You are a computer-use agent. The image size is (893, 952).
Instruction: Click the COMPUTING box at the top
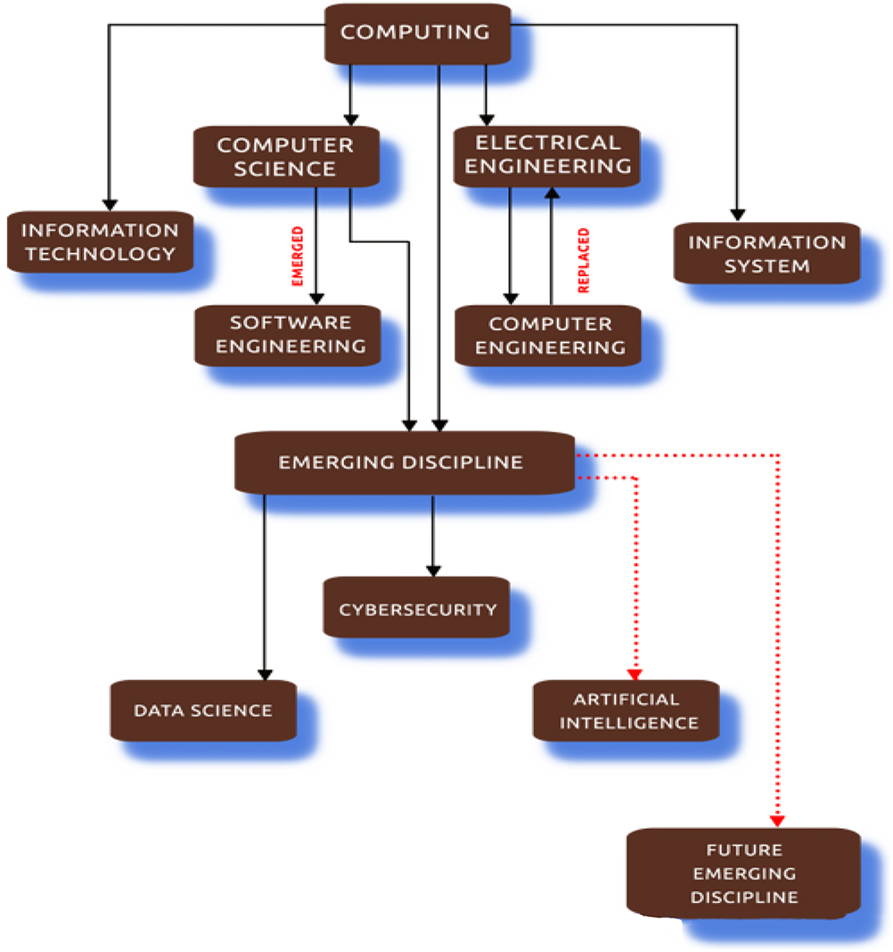point(415,33)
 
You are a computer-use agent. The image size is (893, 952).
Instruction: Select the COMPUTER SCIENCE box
point(285,156)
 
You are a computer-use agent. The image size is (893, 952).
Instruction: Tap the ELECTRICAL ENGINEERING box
point(546,154)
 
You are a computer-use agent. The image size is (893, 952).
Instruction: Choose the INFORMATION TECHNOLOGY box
point(100,242)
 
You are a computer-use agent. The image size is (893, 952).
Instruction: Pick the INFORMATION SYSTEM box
point(766,254)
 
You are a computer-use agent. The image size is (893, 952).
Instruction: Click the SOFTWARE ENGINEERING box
point(290,334)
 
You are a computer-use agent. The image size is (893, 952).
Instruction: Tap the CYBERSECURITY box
point(416,609)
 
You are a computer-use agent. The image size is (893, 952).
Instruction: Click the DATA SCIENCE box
point(202,710)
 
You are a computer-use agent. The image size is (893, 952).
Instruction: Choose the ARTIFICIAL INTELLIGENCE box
point(627,710)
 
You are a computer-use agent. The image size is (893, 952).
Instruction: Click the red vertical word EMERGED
point(299,256)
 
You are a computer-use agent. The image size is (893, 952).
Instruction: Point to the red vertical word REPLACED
point(585,261)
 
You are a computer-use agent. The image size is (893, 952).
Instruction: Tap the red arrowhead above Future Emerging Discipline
point(777,819)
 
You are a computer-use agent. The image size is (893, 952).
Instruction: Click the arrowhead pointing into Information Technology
point(110,203)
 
